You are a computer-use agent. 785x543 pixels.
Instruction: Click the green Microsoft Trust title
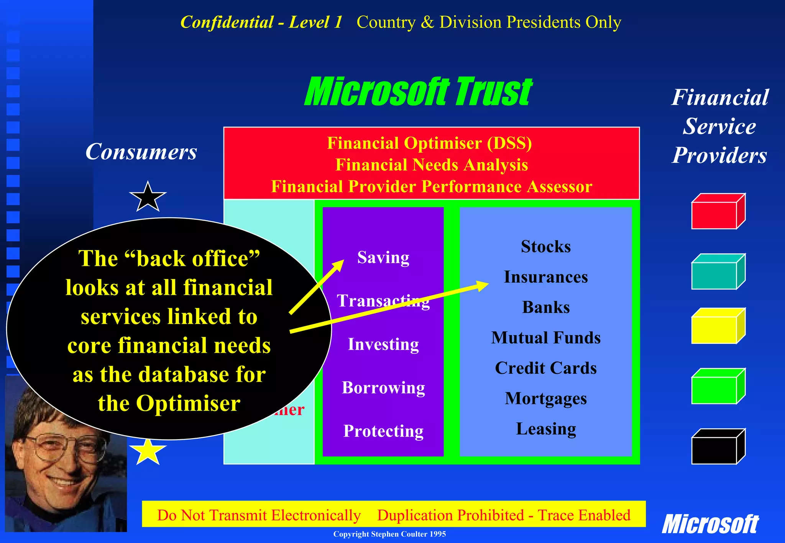pyautogui.click(x=418, y=92)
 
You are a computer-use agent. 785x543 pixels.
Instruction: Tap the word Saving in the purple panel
pyautogui.click(x=383, y=257)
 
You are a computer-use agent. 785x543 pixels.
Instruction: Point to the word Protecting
pyautogui.click(x=383, y=431)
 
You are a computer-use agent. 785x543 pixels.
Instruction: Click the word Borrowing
pyautogui.click(x=383, y=388)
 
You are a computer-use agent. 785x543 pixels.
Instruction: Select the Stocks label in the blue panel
pyautogui.click(x=545, y=247)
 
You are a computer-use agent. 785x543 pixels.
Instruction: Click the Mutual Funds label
pyautogui.click(x=545, y=338)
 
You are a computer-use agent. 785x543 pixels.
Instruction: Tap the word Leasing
pyautogui.click(x=545, y=429)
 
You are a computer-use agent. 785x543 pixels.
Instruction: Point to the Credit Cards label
pyautogui.click(x=545, y=368)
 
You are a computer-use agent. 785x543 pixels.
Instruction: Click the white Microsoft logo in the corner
pyautogui.click(x=710, y=524)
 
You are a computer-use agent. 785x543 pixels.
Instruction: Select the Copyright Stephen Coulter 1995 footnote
pyautogui.click(x=389, y=534)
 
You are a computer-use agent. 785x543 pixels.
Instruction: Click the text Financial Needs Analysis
pyautogui.click(x=431, y=165)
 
